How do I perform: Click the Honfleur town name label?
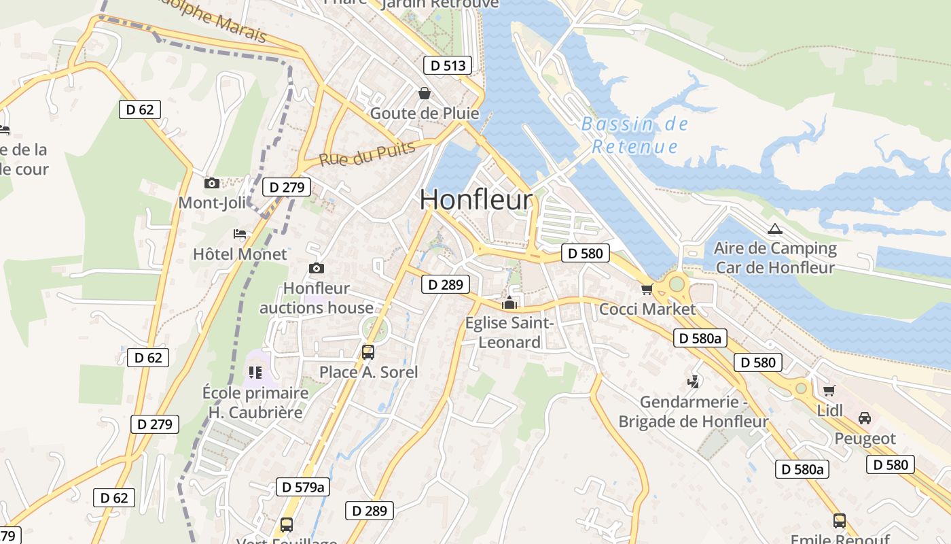coord(476,200)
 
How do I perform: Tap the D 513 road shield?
coord(448,65)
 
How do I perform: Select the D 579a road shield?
coord(302,487)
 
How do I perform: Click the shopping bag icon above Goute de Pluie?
coord(425,93)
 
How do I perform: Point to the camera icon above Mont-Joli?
coord(212,183)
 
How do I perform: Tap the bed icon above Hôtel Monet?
coord(240,234)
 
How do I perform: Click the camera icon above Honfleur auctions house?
coord(317,269)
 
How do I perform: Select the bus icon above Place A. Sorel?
coord(368,352)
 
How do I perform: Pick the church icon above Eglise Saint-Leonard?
coord(509,302)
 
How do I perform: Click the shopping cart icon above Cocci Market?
coord(647,290)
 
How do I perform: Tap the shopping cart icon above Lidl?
coord(829,390)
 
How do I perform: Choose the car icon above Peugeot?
coord(865,418)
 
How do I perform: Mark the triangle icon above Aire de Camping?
coord(774,229)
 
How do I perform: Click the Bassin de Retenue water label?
coord(635,135)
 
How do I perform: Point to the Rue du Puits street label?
coord(367,154)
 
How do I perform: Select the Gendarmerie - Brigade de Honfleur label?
coord(693,412)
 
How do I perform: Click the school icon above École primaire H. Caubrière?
coord(255,372)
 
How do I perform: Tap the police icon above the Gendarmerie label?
coord(694,382)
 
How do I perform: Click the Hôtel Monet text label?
coord(240,254)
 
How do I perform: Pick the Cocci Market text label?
coord(647,309)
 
